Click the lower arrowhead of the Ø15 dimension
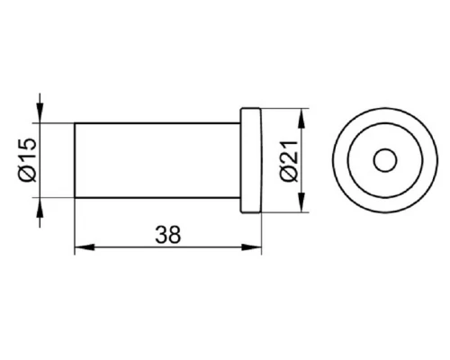coord(40,209)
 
